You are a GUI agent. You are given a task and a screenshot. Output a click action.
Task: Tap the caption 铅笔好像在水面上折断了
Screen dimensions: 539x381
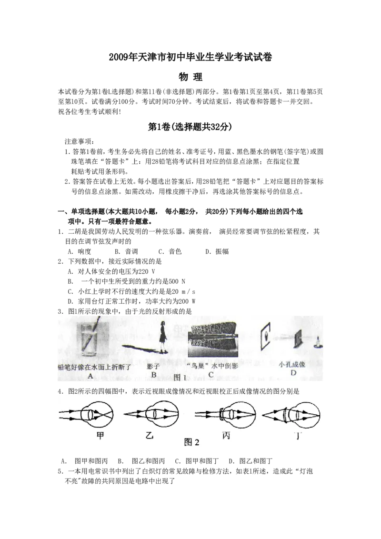point(93,367)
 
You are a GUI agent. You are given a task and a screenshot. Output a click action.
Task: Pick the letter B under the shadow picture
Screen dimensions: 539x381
point(153,375)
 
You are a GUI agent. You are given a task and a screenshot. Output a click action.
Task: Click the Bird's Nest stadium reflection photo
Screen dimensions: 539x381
point(212,341)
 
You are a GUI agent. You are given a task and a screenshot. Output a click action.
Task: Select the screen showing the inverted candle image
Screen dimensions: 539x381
point(267,335)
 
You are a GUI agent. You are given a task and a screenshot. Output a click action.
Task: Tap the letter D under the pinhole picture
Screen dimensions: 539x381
point(293,373)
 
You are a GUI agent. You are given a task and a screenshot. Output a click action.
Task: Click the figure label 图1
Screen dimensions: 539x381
point(180,378)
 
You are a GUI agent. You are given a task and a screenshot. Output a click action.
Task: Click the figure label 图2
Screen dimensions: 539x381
point(191,442)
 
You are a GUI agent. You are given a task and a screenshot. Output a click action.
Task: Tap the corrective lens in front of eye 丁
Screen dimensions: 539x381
point(284,414)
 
